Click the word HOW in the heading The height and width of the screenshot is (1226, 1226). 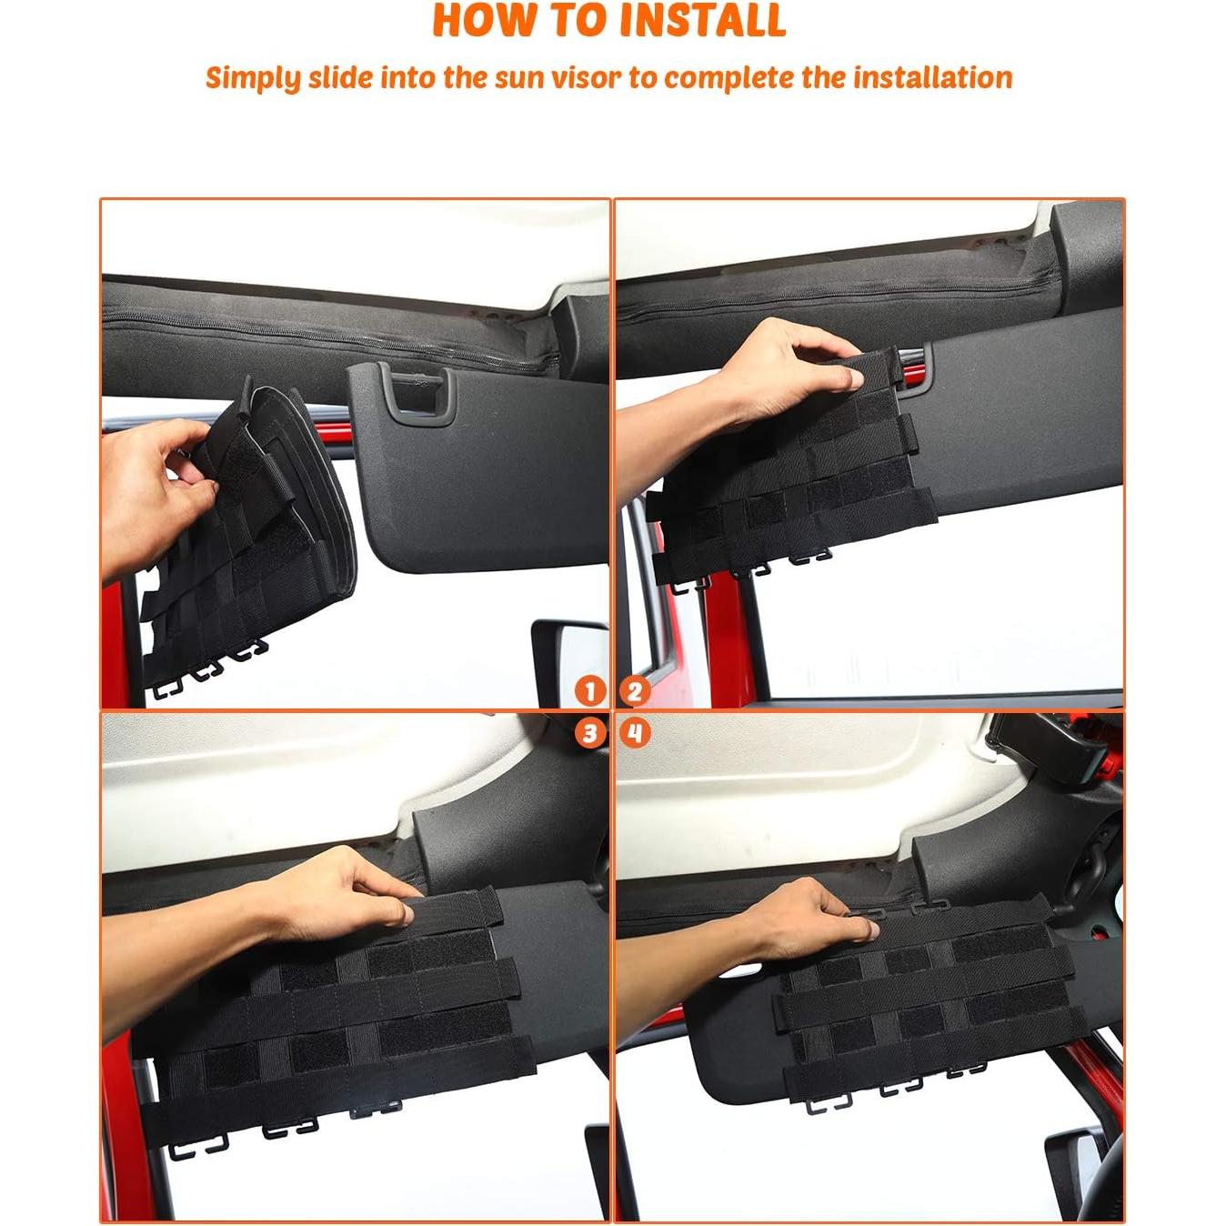(x=477, y=21)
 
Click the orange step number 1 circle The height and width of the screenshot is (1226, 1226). (x=590, y=691)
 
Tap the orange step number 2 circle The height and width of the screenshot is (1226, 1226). (x=635, y=691)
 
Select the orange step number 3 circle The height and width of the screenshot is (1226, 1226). (x=590, y=733)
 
